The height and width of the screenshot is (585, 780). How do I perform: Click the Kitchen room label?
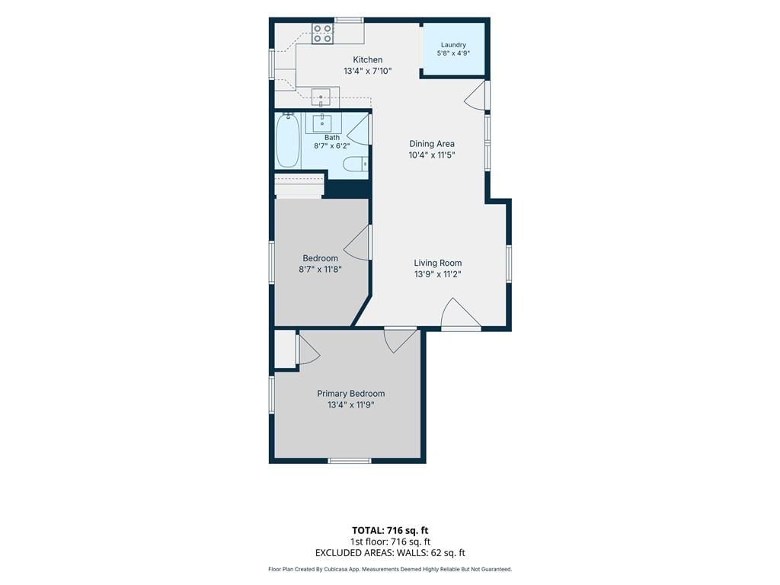click(x=368, y=59)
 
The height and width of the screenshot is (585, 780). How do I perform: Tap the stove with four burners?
click(x=322, y=34)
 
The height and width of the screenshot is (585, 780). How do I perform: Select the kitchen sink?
click(x=321, y=97)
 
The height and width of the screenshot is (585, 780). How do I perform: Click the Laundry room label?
click(x=453, y=45)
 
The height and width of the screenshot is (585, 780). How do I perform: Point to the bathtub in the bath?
click(x=287, y=140)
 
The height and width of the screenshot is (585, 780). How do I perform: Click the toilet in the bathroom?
click(x=356, y=163)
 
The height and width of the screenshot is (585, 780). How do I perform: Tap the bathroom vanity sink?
click(x=322, y=123)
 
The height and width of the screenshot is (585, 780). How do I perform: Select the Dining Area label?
click(x=432, y=144)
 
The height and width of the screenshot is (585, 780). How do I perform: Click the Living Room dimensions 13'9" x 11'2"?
click(x=438, y=274)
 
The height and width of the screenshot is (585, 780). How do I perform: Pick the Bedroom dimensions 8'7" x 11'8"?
click(x=320, y=270)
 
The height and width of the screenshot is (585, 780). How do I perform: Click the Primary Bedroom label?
click(x=350, y=394)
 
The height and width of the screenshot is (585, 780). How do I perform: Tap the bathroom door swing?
click(x=359, y=129)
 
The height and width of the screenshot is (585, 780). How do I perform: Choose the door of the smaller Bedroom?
click(x=357, y=242)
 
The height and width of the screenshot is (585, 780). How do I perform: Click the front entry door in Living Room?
click(x=461, y=314)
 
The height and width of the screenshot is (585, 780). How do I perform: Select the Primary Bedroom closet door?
click(x=308, y=350)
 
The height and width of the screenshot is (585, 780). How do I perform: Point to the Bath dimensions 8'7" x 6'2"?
click(x=332, y=146)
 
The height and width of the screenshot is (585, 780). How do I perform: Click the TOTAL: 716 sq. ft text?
click(x=390, y=530)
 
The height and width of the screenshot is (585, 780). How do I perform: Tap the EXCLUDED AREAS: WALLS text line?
click(x=390, y=553)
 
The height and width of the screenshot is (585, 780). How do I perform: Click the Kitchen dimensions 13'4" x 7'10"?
click(x=368, y=71)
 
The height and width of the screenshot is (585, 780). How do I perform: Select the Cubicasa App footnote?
click(x=390, y=570)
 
